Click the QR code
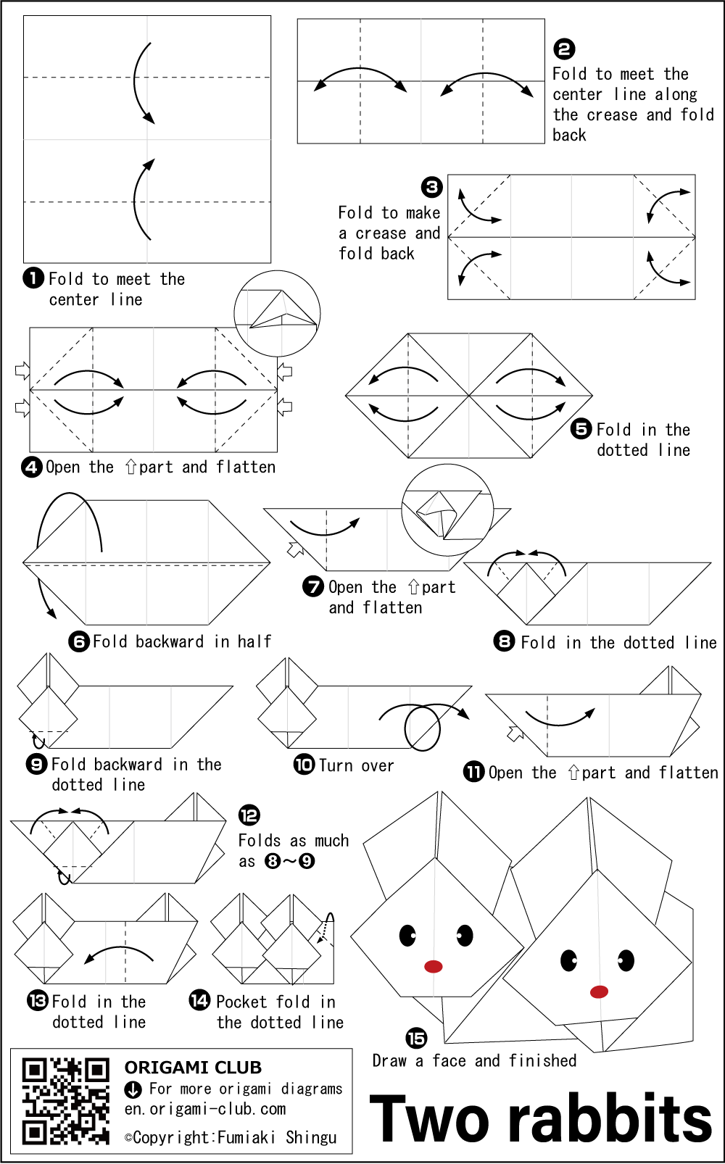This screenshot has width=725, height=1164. pyautogui.click(x=65, y=1101)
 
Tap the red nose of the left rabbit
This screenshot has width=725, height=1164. pyautogui.click(x=434, y=966)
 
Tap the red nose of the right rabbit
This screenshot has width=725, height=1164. pyautogui.click(x=599, y=992)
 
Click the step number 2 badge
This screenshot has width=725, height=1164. pyautogui.click(x=564, y=49)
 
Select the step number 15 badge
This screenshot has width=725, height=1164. pyautogui.click(x=416, y=1039)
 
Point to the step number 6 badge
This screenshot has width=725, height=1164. pyautogui.click(x=79, y=641)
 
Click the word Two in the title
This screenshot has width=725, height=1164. pyautogui.click(x=429, y=1120)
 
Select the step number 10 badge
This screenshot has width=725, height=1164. pyautogui.click(x=304, y=765)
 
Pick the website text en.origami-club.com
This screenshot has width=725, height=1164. pyautogui.click(x=205, y=1109)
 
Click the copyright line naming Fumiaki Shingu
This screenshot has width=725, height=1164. pyautogui.click(x=231, y=1138)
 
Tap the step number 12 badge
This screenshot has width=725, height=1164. pyautogui.click(x=249, y=815)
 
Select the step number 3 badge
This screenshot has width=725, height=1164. pyautogui.click(x=432, y=188)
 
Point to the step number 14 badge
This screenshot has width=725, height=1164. pyautogui.click(x=199, y=1001)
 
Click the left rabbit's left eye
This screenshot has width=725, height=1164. pyautogui.click(x=407, y=936)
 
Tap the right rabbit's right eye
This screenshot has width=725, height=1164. pyautogui.click(x=626, y=961)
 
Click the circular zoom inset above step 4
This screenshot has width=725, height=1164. pyautogui.click(x=277, y=314)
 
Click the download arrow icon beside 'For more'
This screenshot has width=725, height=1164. pyautogui.click(x=133, y=1089)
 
